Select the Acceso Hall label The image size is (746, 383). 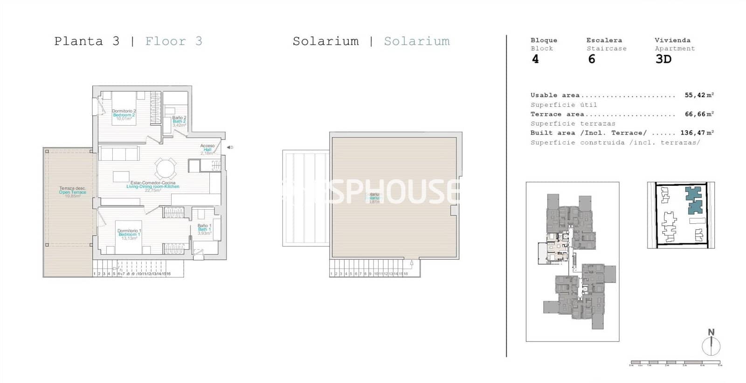(207, 149)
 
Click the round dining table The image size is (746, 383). (166, 169)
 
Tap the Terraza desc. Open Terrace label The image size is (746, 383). (72, 192)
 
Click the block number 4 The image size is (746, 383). (535, 59)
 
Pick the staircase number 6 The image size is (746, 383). (592, 59)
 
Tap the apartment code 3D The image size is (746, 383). (663, 59)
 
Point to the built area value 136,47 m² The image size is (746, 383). (697, 133)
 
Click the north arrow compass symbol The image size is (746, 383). (711, 345)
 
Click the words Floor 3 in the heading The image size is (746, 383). (173, 41)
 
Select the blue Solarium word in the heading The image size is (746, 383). (417, 41)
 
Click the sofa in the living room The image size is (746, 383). (119, 154)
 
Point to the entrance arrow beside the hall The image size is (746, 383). (230, 147)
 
